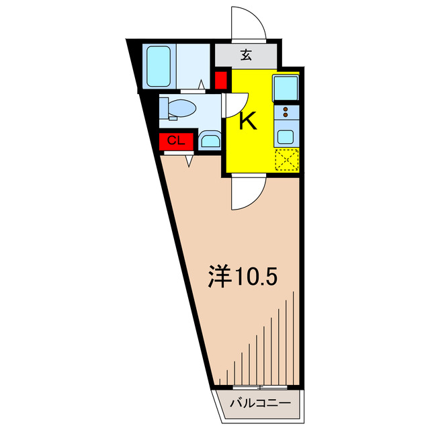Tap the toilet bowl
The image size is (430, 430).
[182, 107]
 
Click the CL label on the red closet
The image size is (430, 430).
[176, 140]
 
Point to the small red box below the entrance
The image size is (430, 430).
[220, 80]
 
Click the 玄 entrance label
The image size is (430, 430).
[246, 55]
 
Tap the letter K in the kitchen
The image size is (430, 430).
[249, 122]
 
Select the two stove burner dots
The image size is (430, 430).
[286, 112]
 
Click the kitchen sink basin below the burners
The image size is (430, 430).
[286, 134]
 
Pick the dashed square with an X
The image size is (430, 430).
[286, 161]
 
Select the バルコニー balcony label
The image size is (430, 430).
[260, 404]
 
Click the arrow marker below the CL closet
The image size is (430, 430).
[189, 161]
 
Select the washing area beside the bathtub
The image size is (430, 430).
[195, 66]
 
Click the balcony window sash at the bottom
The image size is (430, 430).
[259, 388]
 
